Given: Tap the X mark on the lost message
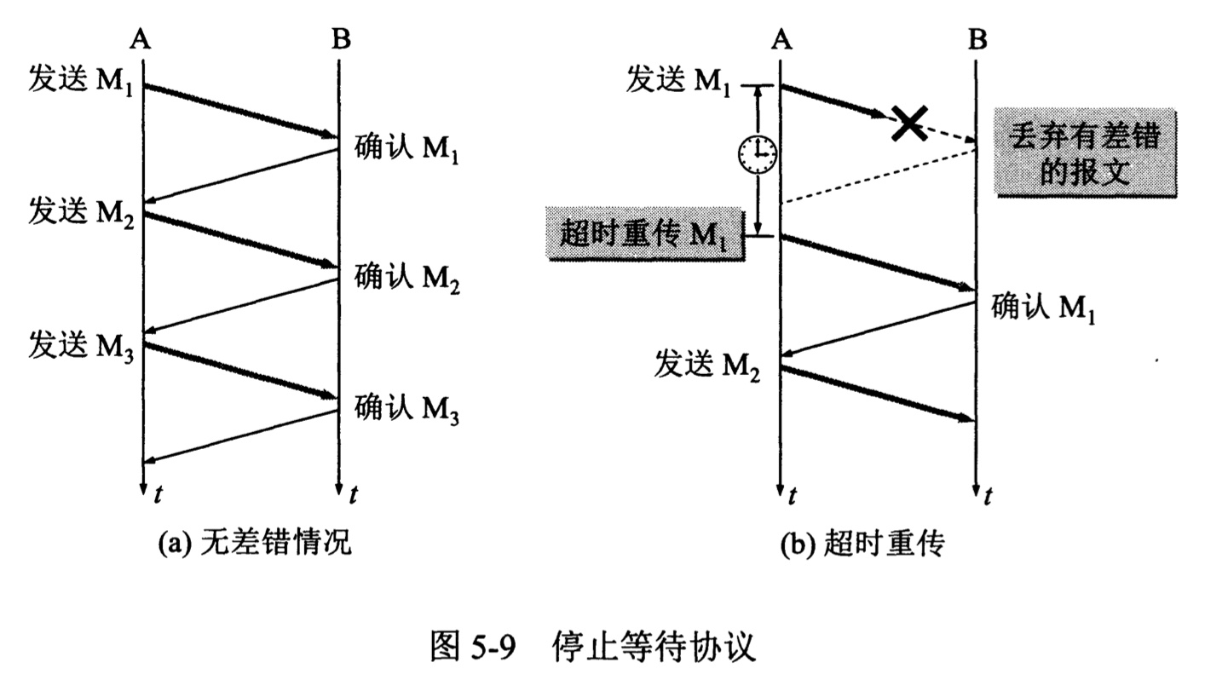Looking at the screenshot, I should pos(909,124).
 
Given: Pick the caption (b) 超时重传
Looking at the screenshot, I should pos(862,544).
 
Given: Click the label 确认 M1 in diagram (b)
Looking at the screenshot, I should pos(1042,307).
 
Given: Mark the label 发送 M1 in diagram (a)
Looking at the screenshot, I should pos(82,82).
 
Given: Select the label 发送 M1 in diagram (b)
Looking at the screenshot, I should pos(679,82).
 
